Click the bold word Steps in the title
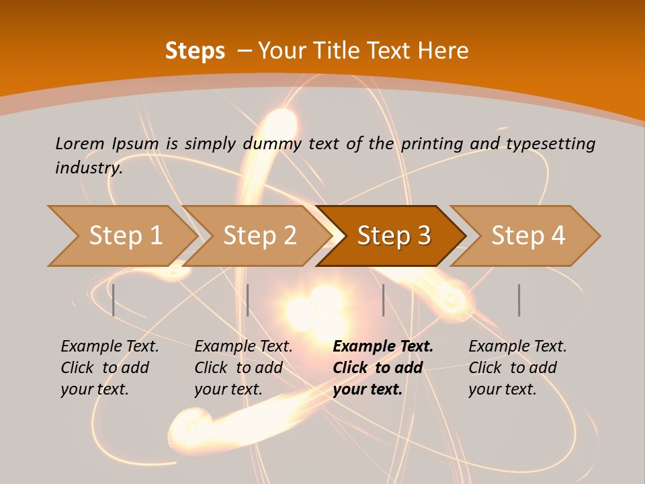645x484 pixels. (x=195, y=51)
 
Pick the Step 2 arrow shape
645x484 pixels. (x=259, y=236)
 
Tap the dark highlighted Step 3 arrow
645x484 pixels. (x=393, y=236)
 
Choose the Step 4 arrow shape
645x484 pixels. (x=527, y=236)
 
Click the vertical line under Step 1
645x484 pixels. (x=114, y=300)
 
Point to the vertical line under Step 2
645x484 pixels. (x=248, y=300)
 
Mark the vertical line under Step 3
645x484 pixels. (x=383, y=300)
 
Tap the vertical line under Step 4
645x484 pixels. (x=519, y=300)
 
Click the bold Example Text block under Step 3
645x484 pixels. (x=383, y=368)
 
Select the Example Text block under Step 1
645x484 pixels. (x=110, y=368)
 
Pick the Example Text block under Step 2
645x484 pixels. (x=243, y=368)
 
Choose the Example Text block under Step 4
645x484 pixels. (x=517, y=368)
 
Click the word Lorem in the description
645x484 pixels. (x=80, y=143)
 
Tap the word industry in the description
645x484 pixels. (x=89, y=168)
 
